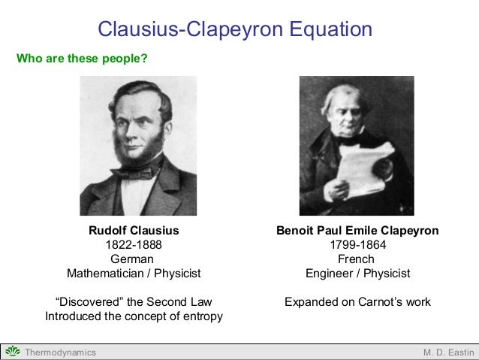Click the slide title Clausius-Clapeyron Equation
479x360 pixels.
pos(235,30)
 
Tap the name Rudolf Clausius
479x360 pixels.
pos(134,231)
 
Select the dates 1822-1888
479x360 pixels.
pos(134,245)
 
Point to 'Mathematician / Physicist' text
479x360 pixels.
pos(134,274)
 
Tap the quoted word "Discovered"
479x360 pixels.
pos(89,302)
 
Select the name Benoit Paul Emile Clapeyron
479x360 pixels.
pos(357,231)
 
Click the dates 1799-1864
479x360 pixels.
pos(357,245)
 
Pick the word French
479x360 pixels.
pos(357,259)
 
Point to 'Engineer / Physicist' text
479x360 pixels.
pos(357,274)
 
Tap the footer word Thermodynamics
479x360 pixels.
pos(60,352)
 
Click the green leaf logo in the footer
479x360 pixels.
pos(13,352)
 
